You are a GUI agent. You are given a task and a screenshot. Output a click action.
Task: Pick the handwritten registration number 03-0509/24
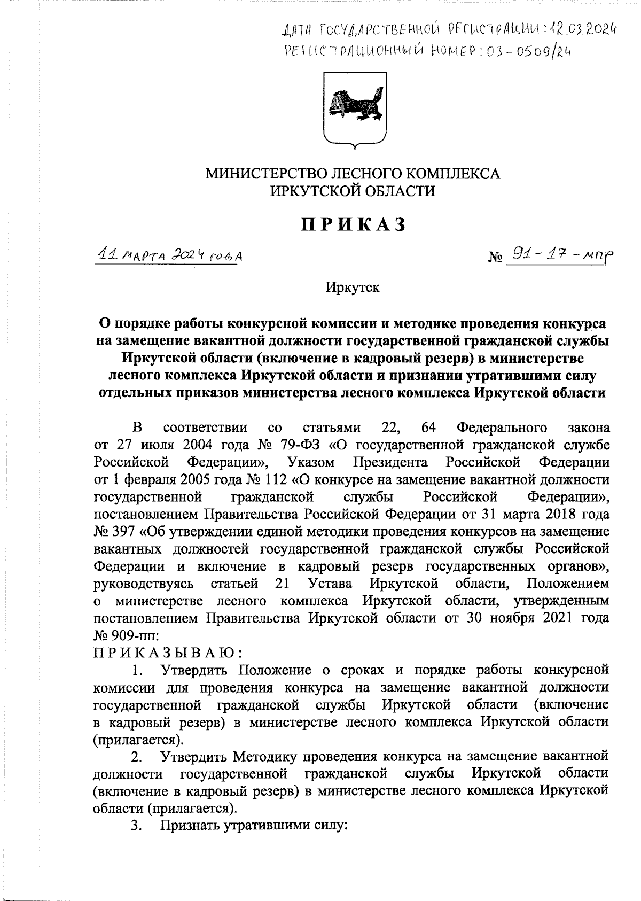(x=521, y=52)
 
